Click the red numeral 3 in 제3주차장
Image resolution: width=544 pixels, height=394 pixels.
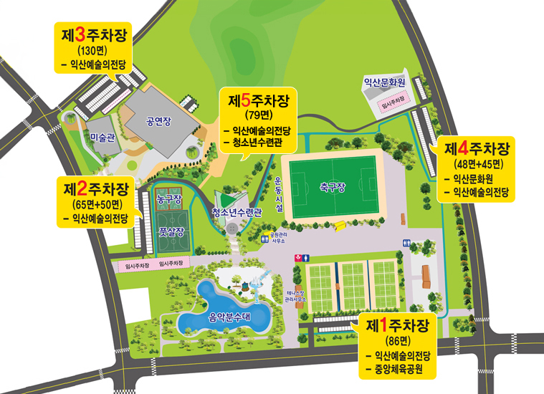80,34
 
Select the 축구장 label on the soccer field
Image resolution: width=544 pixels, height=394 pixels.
333,188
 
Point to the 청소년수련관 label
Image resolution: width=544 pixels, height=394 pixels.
238,212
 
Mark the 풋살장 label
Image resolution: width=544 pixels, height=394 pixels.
172,231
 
